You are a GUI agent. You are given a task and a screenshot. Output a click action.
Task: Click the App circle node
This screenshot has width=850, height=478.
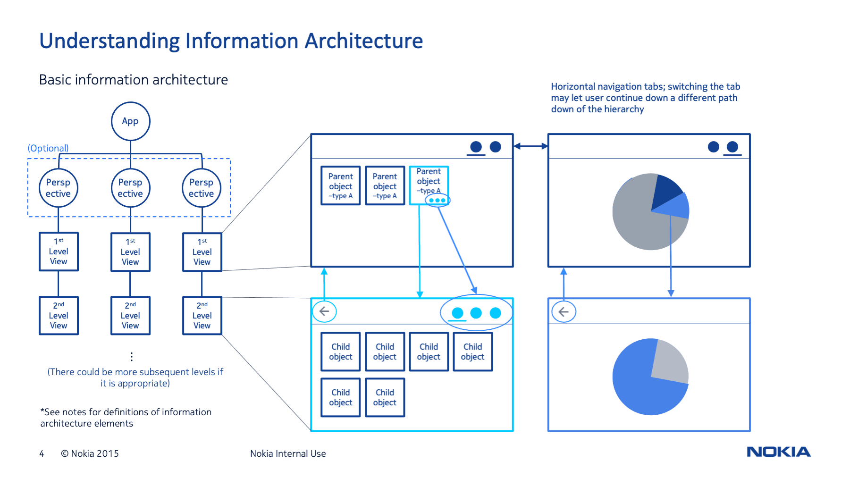click(130, 121)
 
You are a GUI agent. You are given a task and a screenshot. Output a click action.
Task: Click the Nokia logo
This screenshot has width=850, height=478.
click(778, 452)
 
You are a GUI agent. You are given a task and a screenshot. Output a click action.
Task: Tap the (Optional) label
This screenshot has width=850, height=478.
click(48, 148)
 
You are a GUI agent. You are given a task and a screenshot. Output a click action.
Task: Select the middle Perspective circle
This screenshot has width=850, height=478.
click(130, 188)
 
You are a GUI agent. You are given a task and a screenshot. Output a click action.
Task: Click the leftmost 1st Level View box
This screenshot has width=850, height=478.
click(59, 252)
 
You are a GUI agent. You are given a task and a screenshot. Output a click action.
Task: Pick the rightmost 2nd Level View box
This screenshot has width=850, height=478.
click(202, 316)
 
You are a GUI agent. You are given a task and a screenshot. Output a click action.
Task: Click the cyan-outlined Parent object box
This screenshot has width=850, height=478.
click(429, 181)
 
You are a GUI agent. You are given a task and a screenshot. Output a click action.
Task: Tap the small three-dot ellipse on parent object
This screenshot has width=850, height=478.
click(438, 201)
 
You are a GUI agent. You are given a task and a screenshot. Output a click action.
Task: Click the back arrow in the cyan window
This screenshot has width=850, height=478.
click(324, 311)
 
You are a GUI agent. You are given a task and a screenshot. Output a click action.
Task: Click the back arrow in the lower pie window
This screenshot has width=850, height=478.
click(564, 312)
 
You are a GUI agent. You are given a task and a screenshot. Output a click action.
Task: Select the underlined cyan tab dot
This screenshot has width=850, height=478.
click(457, 313)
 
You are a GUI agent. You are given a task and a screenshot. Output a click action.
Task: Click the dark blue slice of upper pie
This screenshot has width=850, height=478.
click(665, 189)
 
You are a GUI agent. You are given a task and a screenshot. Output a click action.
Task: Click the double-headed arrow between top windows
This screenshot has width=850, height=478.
click(530, 146)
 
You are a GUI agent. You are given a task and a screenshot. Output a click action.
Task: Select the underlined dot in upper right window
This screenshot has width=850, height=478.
click(732, 147)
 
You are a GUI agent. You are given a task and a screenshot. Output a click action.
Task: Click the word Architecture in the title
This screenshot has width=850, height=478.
click(363, 41)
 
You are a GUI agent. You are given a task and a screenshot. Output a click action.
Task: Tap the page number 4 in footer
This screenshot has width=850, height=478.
click(42, 453)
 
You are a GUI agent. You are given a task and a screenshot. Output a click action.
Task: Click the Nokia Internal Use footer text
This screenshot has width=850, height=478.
click(288, 453)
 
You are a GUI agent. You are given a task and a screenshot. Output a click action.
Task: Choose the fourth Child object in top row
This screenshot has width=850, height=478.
click(472, 352)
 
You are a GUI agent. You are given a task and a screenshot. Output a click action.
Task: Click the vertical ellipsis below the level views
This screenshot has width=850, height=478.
click(131, 357)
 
